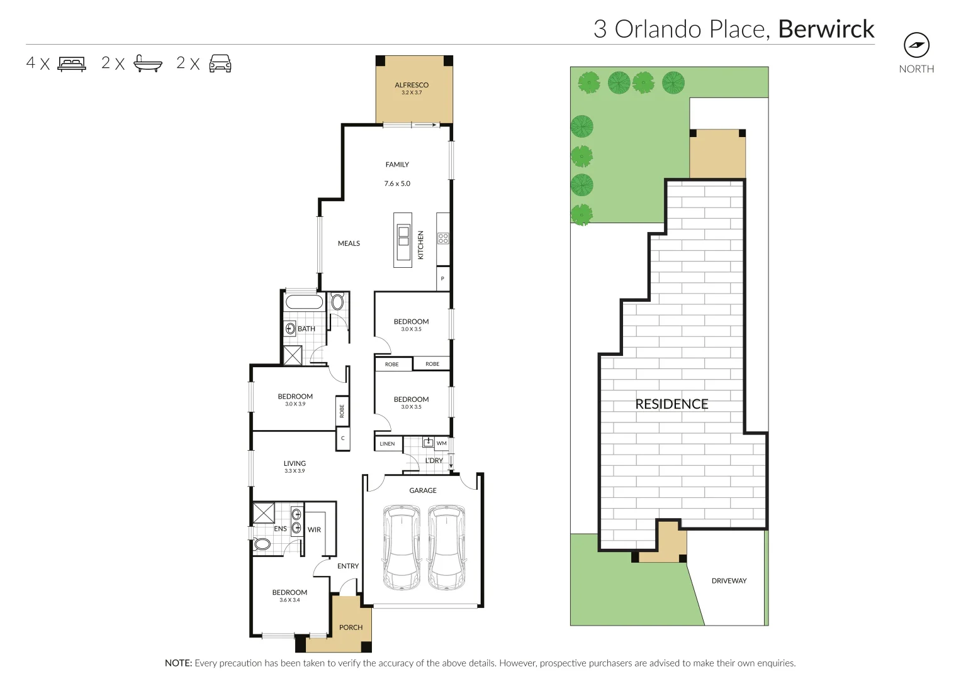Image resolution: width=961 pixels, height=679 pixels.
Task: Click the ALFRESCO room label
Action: pos(412,85)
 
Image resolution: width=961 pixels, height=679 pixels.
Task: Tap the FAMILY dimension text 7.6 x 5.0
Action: pos(397,184)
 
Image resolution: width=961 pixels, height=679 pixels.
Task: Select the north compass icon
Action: pos(916,45)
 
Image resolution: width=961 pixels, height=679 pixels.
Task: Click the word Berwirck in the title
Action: pos(826,29)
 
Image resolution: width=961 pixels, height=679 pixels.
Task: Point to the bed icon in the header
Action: pos(72,63)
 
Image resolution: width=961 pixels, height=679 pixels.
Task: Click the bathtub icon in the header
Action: pos(148,63)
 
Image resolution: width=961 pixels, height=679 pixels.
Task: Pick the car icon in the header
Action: pos(220,63)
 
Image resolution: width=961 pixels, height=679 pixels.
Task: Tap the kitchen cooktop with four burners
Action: pos(443,238)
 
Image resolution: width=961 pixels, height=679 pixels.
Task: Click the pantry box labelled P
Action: pos(443,279)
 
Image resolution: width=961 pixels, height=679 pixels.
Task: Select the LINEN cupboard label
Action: pos(387,444)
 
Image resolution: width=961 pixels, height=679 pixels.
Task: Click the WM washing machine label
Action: pos(441,443)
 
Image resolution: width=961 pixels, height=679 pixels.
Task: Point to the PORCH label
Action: pos(351,627)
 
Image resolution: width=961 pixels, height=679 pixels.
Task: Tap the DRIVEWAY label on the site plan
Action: pos(729,581)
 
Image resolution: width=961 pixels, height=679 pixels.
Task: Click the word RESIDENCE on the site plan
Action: pos(672,404)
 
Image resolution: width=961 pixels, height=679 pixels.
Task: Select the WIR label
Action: pos(314,529)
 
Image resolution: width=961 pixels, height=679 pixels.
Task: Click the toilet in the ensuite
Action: pos(261,544)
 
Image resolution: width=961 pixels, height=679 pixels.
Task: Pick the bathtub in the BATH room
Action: pos(304,302)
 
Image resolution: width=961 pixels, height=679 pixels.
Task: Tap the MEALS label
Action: pos(349,243)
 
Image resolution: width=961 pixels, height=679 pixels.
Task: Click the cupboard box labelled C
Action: pos(342,439)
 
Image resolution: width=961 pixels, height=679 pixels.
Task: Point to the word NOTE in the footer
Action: pos(179,663)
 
